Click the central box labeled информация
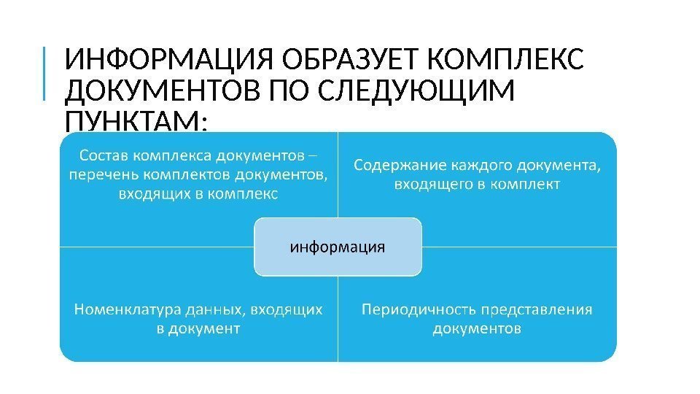338,247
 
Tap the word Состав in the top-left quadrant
104,155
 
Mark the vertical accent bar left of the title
43,73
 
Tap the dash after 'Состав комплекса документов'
313,155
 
